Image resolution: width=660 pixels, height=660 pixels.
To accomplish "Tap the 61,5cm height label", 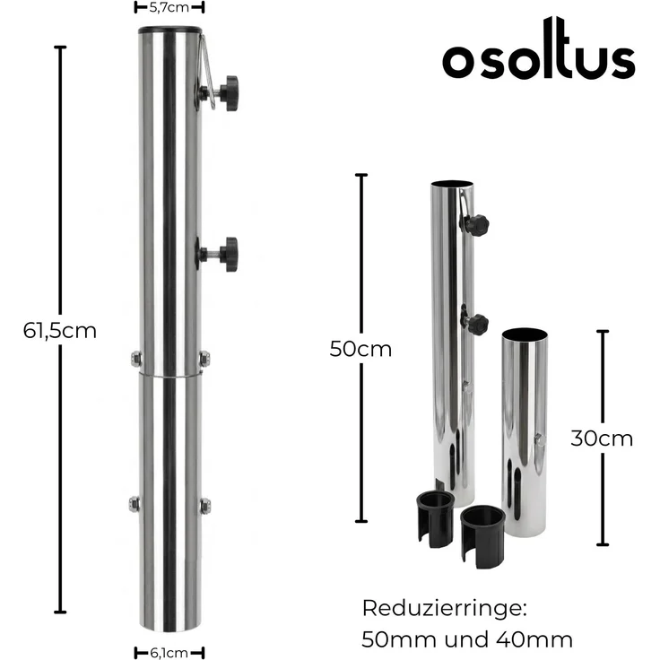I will [60, 330].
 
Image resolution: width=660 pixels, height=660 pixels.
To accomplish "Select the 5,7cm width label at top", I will [169, 7].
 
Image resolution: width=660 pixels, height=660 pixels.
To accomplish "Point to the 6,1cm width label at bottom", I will [169, 652].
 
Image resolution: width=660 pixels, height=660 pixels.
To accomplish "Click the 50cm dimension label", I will [360, 349].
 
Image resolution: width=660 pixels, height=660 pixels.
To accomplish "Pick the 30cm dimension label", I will [602, 439].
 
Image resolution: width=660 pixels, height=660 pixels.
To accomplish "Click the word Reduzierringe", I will [443, 608].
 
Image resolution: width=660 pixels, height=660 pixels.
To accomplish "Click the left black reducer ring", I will [435, 518].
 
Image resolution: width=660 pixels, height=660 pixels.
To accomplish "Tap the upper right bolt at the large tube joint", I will [204, 359].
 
